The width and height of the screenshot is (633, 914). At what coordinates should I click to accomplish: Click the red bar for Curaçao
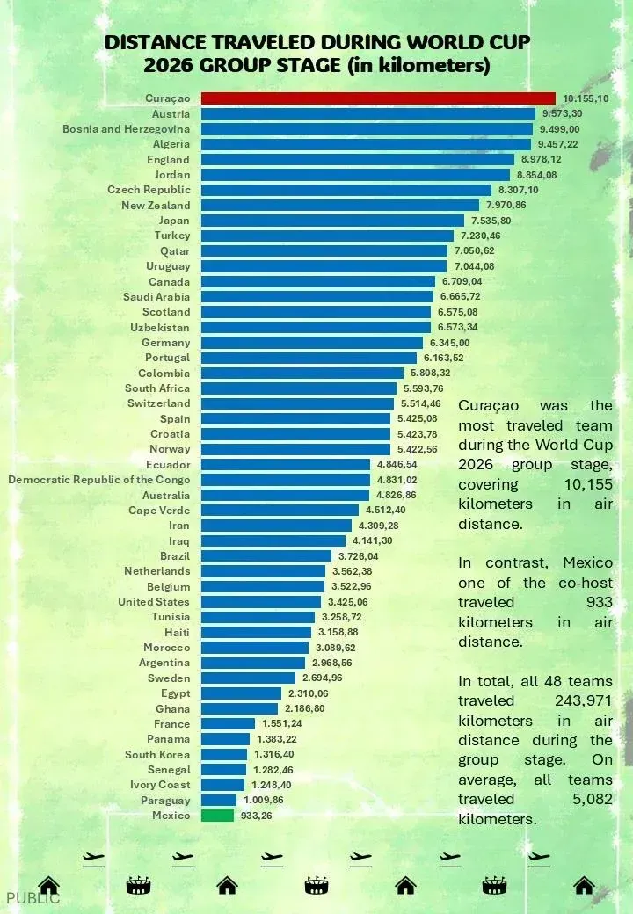point(378,98)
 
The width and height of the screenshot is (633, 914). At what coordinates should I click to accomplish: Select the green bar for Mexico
point(217,816)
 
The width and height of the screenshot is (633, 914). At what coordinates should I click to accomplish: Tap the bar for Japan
point(333,221)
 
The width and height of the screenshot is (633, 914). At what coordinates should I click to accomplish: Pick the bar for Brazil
point(266,556)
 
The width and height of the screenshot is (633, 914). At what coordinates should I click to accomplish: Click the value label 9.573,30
point(562,113)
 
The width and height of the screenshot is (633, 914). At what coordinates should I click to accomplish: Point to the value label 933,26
point(256,816)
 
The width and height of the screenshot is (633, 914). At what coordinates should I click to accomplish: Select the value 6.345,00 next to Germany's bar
point(449,343)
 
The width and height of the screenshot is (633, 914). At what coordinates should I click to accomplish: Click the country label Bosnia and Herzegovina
point(127,129)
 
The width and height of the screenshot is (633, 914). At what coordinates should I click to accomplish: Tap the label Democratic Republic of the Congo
point(99,480)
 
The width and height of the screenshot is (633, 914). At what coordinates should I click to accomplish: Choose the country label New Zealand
point(156,205)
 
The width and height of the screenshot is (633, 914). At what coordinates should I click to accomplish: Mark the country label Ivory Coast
point(160,785)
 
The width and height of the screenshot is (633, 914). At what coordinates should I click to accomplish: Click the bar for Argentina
point(253,663)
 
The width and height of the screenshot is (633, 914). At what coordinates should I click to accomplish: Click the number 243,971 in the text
point(584,700)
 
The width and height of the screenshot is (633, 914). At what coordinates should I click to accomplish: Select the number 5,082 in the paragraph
point(593,799)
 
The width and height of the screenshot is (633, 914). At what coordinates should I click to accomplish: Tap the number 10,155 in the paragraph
point(588,484)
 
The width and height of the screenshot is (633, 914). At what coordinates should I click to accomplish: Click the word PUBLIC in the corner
point(33,898)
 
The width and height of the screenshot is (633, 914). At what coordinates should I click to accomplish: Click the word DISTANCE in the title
point(156,42)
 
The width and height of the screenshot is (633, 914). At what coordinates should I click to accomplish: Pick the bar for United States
point(261,601)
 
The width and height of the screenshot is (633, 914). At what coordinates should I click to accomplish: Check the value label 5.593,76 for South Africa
point(423,388)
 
